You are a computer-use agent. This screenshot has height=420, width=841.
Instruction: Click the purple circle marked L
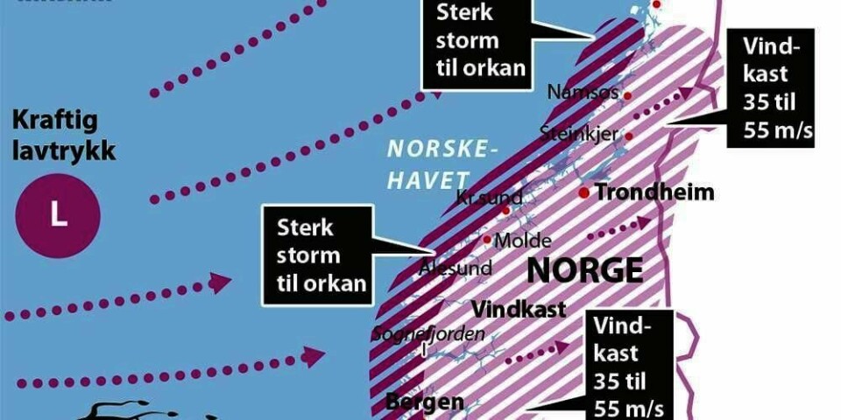tap(58, 215)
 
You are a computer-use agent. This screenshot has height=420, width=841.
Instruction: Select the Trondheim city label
tap(654, 193)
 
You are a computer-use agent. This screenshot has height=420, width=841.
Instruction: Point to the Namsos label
tap(583, 91)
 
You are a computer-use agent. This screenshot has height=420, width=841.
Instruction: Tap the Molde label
tap(523, 241)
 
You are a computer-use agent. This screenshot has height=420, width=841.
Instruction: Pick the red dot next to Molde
tap(487, 239)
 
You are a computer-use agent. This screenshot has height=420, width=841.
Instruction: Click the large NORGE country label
tap(585, 269)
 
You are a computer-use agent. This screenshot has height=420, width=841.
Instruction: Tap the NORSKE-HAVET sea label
tap(436, 164)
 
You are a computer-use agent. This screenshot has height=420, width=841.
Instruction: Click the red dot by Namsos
tap(627, 92)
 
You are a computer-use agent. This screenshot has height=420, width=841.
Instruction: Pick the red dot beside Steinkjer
tap(628, 136)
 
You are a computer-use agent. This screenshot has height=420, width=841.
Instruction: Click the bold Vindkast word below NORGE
tap(519, 309)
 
